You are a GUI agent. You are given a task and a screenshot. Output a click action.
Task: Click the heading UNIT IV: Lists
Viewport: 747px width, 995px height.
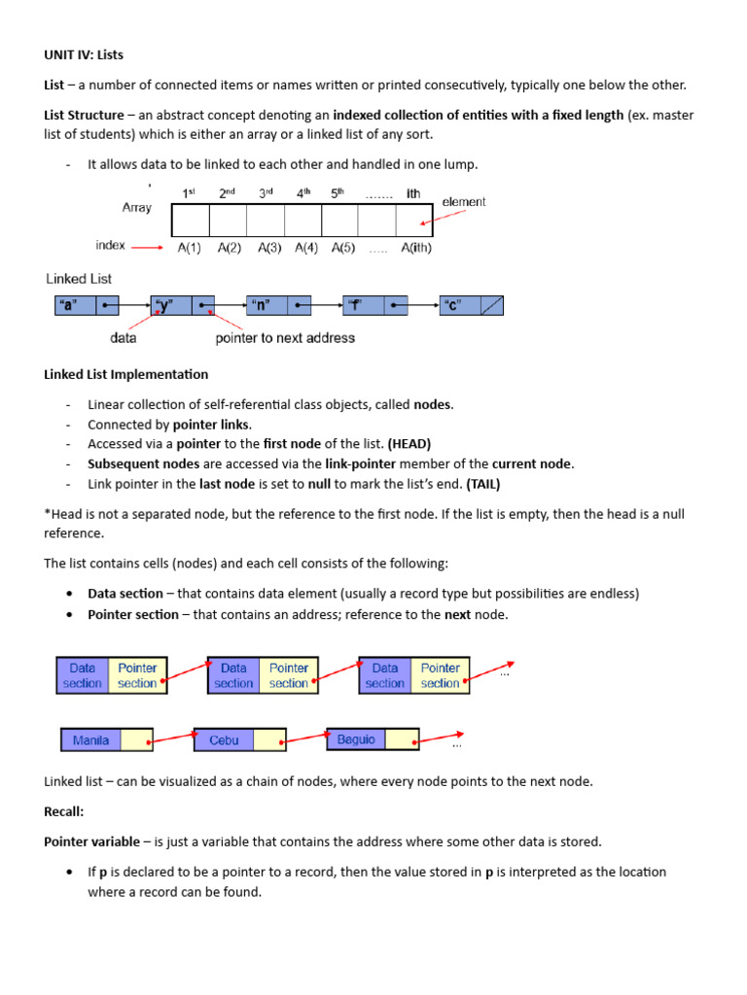tap(84, 55)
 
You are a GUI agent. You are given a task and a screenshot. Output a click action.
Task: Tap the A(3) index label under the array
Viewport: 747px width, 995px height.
tap(269, 248)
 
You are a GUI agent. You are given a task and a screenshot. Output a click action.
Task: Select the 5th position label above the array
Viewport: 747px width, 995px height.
tap(338, 193)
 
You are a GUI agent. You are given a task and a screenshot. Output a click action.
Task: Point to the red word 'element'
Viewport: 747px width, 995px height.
tap(464, 202)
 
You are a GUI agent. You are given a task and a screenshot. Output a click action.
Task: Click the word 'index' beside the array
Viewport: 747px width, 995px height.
tap(111, 245)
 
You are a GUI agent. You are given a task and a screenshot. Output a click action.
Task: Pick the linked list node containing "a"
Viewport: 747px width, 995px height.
tap(86, 306)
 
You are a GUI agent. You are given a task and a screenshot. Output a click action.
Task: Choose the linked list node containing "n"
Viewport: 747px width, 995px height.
tap(278, 306)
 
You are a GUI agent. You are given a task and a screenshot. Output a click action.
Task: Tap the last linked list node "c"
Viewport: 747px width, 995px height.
tap(471, 306)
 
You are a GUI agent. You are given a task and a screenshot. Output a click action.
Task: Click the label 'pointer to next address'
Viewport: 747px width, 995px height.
tap(285, 338)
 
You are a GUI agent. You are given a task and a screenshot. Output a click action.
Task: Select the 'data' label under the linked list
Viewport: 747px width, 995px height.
tap(123, 338)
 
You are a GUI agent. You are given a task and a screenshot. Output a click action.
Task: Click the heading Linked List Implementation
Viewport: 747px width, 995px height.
tap(126, 374)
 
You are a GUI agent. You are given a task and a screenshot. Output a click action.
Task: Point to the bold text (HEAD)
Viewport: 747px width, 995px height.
tap(409, 444)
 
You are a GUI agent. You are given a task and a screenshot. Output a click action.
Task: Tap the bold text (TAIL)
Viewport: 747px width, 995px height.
tap(483, 483)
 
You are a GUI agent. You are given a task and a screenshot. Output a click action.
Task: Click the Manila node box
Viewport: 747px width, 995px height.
tap(106, 740)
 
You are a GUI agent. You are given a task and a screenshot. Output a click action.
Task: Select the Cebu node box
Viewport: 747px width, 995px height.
tap(239, 740)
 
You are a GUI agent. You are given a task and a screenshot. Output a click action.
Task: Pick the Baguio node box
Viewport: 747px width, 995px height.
tap(373, 739)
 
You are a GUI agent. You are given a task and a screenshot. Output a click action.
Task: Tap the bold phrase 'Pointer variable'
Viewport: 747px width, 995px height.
tap(91, 841)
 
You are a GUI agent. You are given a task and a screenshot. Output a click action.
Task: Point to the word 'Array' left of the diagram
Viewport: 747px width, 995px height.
tap(136, 208)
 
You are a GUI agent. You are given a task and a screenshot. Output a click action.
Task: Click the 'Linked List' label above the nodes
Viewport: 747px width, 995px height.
tap(80, 279)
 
